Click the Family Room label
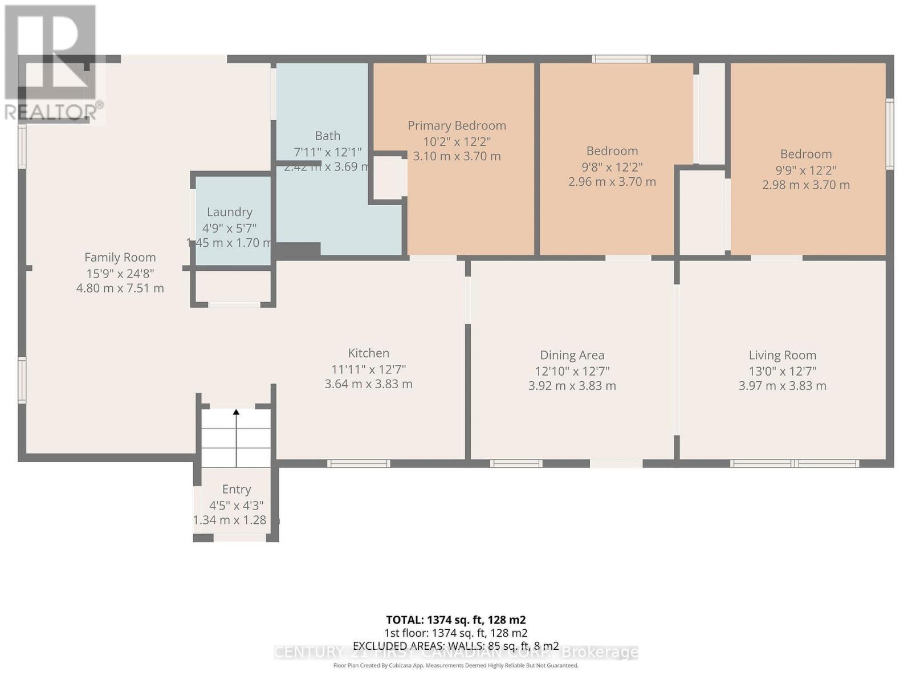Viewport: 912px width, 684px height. point(120,258)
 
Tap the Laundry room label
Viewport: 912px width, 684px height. point(229,212)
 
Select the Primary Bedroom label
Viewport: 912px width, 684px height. point(457,125)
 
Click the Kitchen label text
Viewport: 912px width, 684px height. point(368,353)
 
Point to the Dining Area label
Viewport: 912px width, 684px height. point(572,356)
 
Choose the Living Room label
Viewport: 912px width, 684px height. point(782,356)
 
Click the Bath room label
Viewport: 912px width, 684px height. point(328,136)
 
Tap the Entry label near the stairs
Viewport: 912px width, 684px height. point(236,489)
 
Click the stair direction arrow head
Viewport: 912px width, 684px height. point(236,412)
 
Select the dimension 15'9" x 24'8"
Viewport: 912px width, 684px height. point(120,273)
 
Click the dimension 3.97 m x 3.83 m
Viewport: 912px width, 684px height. point(782,386)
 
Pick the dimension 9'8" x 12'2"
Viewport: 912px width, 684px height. point(612,167)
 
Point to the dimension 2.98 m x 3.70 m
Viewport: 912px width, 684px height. point(805,185)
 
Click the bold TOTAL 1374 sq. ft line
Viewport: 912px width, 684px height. point(455,620)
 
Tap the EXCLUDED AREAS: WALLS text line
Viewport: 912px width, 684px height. point(455,646)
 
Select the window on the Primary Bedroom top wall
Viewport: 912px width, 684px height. point(456,59)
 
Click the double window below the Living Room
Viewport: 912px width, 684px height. point(795,463)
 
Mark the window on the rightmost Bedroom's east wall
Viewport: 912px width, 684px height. point(889,134)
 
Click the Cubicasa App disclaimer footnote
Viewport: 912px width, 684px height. point(455,665)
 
